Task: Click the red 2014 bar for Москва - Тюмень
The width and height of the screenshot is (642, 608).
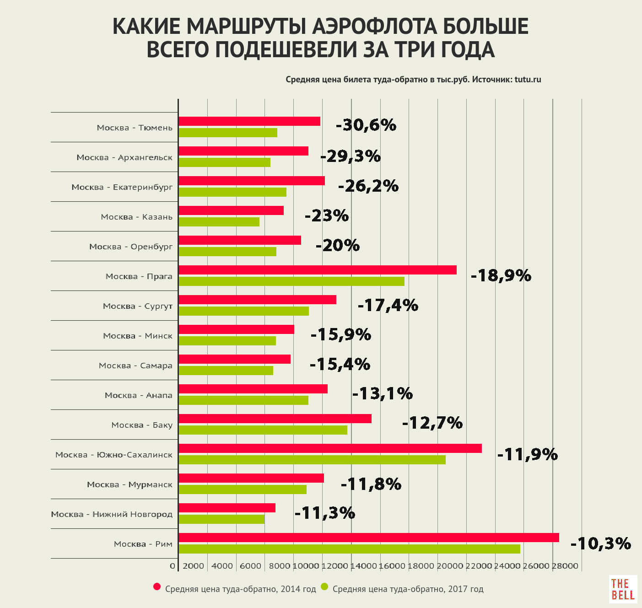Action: tap(249, 121)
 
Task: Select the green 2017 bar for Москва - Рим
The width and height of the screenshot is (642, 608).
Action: tap(349, 549)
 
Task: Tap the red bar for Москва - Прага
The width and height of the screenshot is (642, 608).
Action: tap(318, 270)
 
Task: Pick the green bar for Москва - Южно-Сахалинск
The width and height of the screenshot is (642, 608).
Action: tap(312, 460)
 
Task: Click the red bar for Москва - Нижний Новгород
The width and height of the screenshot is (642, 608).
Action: tap(227, 508)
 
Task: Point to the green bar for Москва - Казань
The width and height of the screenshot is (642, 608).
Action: tap(219, 222)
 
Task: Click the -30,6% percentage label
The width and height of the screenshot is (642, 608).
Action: tap(366, 125)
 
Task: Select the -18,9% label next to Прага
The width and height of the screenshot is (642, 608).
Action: tap(501, 275)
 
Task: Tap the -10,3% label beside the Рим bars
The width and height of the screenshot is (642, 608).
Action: tap(601, 543)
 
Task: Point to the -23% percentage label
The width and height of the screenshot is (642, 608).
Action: tap(327, 215)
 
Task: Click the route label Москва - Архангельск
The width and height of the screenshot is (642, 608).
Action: tap(124, 157)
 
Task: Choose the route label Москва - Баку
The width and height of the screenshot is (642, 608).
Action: tap(142, 425)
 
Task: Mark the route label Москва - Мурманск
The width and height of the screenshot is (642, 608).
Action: tap(130, 484)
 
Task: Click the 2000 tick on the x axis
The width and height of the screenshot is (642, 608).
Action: tap(193, 566)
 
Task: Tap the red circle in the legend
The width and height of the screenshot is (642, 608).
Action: tap(157, 587)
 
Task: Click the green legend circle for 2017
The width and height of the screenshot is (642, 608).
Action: tap(325, 587)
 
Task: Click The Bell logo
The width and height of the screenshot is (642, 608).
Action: tap(623, 589)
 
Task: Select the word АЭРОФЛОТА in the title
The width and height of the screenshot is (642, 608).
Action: tap(374, 27)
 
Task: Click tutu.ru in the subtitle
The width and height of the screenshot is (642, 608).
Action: tap(528, 80)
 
